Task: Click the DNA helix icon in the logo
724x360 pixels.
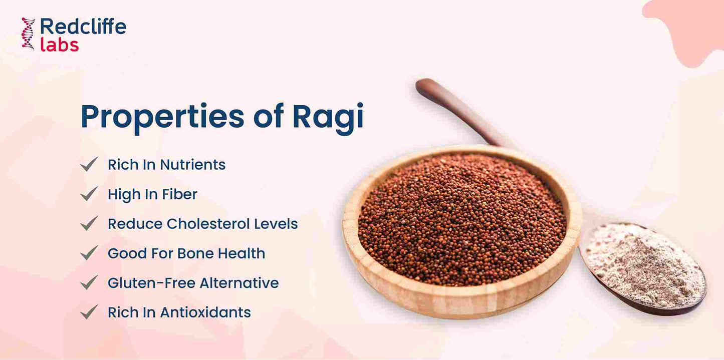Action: click(28, 34)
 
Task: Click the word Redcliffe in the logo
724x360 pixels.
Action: click(83, 26)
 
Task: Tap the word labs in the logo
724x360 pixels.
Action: click(59, 45)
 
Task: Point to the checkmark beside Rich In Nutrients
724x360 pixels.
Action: click(89, 164)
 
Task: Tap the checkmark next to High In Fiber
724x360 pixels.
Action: click(89, 194)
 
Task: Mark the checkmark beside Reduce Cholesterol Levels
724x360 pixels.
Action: click(89, 223)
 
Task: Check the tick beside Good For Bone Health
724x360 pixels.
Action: click(89, 253)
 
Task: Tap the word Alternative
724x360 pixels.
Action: click(239, 283)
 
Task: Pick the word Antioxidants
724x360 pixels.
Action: click(205, 312)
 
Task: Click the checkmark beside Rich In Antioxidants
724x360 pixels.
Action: click(89, 312)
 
